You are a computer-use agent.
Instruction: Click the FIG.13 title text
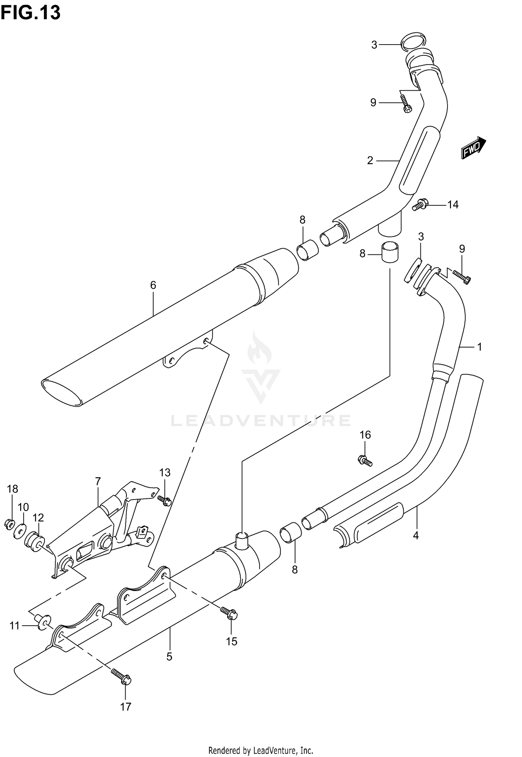pyautogui.click(x=31, y=13)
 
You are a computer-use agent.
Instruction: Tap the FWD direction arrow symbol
pyautogui.click(x=474, y=148)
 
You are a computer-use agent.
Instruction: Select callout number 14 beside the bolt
pyautogui.click(x=453, y=205)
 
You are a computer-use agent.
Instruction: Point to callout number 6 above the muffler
pyautogui.click(x=153, y=285)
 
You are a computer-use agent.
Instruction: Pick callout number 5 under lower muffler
pyautogui.click(x=169, y=657)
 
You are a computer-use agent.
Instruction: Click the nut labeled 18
pyautogui.click(x=9, y=523)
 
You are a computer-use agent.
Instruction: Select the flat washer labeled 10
pyautogui.click(x=21, y=532)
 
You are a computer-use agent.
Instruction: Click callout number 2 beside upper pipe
pyautogui.click(x=370, y=160)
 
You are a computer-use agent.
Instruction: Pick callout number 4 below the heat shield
pyautogui.click(x=416, y=535)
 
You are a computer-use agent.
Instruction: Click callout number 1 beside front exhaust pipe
pyautogui.click(x=479, y=347)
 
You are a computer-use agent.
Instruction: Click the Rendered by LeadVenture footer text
pyautogui.click(x=261, y=748)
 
